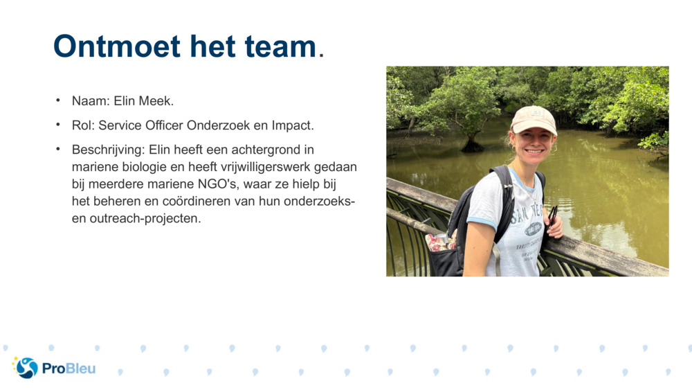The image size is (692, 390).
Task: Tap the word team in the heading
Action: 280,47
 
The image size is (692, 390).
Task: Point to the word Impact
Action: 293,125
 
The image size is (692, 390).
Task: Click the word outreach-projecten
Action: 145,218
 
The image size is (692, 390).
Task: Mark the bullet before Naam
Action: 58,100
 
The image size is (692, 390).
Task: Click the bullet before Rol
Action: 58,125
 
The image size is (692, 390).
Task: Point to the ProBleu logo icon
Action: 26,367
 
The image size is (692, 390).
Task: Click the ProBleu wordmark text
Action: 69,369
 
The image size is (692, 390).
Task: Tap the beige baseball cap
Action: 534,119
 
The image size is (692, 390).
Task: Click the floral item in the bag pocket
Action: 439,242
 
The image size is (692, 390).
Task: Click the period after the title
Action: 321,55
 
